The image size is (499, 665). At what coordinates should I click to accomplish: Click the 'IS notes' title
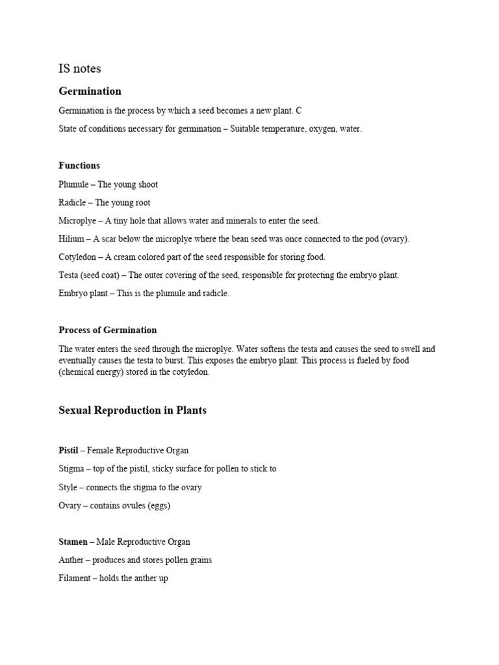pos(80,68)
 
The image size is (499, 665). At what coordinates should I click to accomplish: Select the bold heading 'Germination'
pos(90,91)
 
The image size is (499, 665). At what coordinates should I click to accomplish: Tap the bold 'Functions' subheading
pos(79,166)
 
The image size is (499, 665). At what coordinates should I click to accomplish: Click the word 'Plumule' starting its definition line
pos(73,184)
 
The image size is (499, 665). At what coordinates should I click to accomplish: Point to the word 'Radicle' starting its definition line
pos(73,203)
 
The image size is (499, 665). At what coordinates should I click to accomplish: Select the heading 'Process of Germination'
pos(108,330)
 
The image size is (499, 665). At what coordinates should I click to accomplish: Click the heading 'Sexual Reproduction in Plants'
pos(133,410)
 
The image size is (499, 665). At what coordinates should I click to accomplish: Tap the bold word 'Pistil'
pos(68,450)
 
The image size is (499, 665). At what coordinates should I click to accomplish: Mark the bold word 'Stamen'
pos(73,542)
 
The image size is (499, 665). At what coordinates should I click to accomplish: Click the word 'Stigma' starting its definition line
pos(71,468)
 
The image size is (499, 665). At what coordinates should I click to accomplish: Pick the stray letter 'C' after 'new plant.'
pos(299,111)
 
